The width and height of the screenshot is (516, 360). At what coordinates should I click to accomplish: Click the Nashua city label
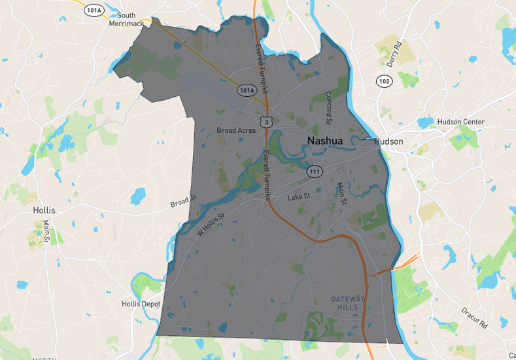click(324, 140)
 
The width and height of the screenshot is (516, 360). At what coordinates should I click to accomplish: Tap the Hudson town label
click(388, 141)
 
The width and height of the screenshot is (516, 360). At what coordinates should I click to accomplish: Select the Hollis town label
click(44, 210)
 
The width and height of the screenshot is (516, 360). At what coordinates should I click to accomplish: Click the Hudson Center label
click(460, 122)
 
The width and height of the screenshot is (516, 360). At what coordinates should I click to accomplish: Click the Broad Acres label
click(236, 130)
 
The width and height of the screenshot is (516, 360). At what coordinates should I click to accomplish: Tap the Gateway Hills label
click(347, 302)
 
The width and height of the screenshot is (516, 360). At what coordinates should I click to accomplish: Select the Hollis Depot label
click(141, 304)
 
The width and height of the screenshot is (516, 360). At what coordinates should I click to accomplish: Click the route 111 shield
click(315, 171)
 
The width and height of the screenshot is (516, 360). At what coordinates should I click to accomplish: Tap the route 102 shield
click(384, 81)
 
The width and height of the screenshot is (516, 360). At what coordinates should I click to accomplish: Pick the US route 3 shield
click(264, 122)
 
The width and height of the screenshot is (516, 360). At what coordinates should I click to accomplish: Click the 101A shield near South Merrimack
click(94, 10)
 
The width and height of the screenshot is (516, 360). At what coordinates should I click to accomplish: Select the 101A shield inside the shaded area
click(247, 90)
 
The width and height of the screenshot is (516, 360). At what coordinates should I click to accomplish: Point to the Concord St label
click(329, 107)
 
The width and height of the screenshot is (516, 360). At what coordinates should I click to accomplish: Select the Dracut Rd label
click(475, 317)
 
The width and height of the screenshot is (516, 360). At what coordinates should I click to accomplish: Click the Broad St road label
click(183, 200)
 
